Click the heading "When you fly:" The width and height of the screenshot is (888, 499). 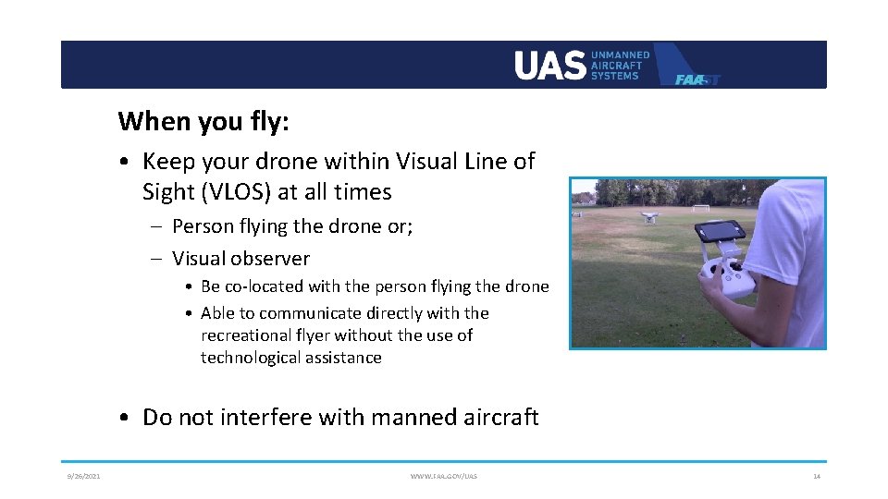tap(203, 121)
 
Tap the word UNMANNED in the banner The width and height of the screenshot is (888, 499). tap(620, 55)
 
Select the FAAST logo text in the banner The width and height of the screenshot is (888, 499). tap(697, 79)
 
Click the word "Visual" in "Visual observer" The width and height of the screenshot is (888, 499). tap(199, 259)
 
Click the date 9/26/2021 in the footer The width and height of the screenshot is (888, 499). tap(83, 476)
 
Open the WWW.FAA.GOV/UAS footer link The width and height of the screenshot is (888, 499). tap(444, 476)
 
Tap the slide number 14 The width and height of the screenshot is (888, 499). tap(816, 476)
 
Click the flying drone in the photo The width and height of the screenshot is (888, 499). tap(647, 217)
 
